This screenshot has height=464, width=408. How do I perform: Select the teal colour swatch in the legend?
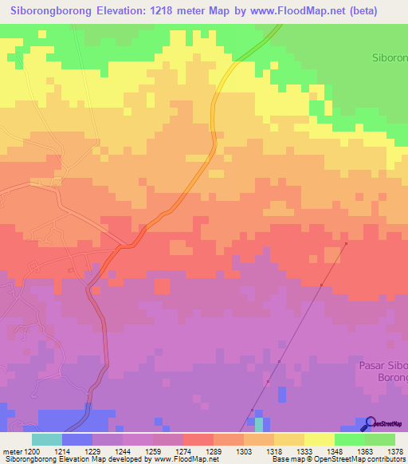[x=47, y=439]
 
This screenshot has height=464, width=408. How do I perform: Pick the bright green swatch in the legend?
[x=349, y=439]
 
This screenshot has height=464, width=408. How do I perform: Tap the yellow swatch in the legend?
[x=319, y=439]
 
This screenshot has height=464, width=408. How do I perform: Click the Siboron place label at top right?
[x=390, y=58]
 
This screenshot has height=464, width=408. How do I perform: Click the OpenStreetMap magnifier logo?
[x=369, y=423]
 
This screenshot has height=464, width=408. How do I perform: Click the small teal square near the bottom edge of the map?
[x=258, y=422]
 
